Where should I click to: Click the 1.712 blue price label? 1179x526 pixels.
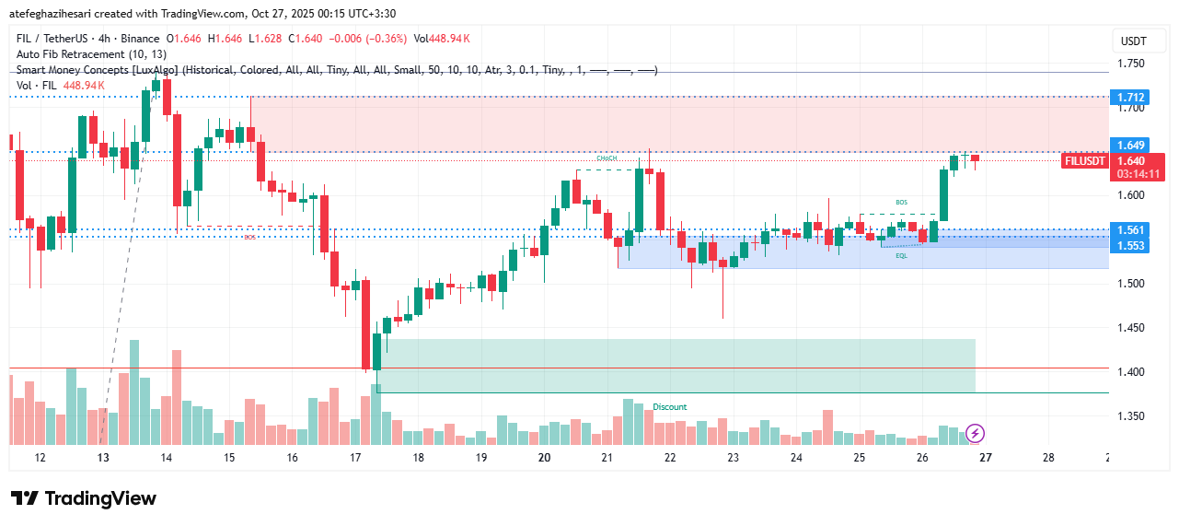click(1130, 97)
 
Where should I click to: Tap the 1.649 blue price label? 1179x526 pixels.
click(1130, 145)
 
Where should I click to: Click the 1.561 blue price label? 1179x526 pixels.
click(1130, 229)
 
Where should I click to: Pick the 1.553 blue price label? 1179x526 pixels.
click(1130, 246)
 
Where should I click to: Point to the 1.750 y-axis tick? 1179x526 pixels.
click(1132, 64)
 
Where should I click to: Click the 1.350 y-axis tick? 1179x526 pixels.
click(1132, 415)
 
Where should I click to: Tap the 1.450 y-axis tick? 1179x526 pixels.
click(1132, 328)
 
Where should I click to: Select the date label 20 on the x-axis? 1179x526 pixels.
click(544, 458)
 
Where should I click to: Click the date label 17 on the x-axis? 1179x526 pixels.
click(355, 458)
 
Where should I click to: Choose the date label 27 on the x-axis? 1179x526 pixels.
click(985, 458)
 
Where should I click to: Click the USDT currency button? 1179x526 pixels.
click(1133, 41)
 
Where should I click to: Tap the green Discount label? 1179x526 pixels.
click(670, 407)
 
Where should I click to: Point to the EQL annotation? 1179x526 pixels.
click(901, 255)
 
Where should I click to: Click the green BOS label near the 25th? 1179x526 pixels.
click(901, 202)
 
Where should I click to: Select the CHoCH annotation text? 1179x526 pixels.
click(606, 158)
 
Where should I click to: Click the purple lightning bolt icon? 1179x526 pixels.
click(976, 432)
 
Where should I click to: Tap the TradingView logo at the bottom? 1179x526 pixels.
click(84, 498)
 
